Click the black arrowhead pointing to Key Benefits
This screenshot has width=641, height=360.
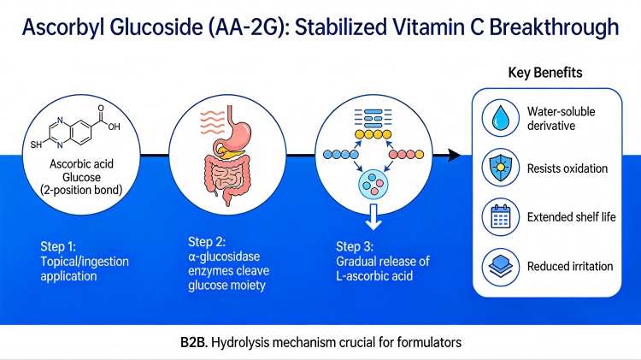click(453, 155)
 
